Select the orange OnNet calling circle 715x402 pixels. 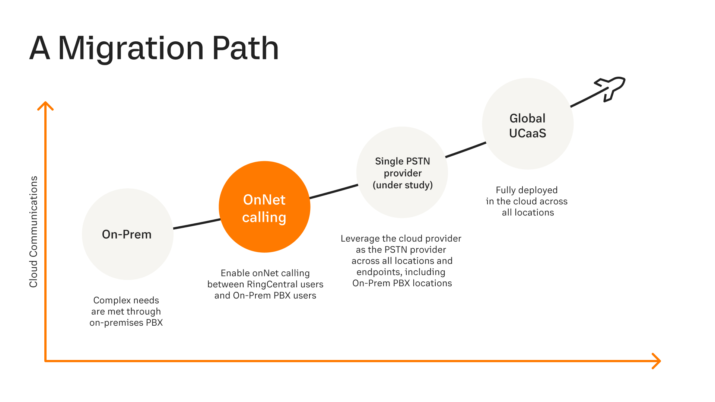coord(264,207)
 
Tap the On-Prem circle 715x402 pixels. coord(128,234)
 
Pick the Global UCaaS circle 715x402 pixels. coord(528,124)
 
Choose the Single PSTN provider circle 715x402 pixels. coord(402,172)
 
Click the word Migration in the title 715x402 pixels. coord(131,48)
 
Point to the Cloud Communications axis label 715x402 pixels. coord(34,232)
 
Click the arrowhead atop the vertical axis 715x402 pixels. coord(45,106)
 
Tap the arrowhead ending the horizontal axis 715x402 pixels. coord(656,361)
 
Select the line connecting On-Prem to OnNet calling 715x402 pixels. coord(197,224)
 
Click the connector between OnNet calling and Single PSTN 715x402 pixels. coord(334,191)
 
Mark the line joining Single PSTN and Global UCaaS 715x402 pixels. coord(466,150)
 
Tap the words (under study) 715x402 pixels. coord(403,185)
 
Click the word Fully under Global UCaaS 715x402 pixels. coord(505,190)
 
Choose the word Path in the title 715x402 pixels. coord(245,48)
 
